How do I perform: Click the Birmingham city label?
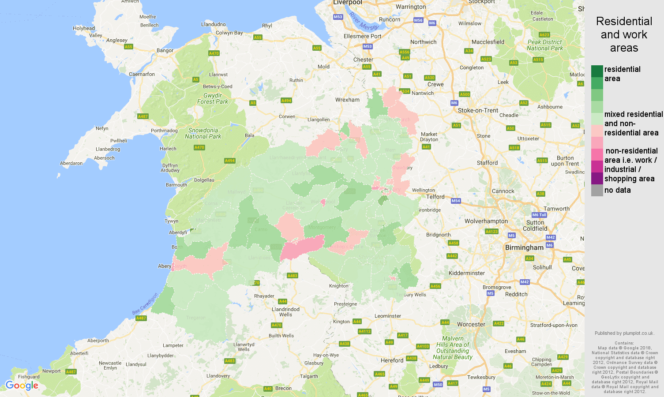coord(524,247)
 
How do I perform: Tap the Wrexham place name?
coord(347,100)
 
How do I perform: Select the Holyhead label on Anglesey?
coord(84,28)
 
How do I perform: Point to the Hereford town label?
coord(392,360)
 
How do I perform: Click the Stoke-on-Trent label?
coord(478,110)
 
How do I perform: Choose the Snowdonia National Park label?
coord(203,133)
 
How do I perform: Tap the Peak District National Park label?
coord(545,45)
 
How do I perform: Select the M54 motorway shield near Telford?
coord(456,201)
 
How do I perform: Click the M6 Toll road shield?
coord(539,215)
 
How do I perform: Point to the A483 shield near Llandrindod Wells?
coord(292,276)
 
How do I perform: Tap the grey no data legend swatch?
coord(597,190)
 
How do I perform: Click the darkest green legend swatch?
coord(597,71)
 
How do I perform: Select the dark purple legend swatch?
coord(597,178)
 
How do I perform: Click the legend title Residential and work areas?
coord(624,34)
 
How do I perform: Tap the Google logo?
coord(22,386)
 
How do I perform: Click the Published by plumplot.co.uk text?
coord(624,333)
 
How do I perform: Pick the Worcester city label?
coord(471,324)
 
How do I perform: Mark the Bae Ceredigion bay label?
coord(145,304)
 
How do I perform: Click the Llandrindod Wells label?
coord(285,312)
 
